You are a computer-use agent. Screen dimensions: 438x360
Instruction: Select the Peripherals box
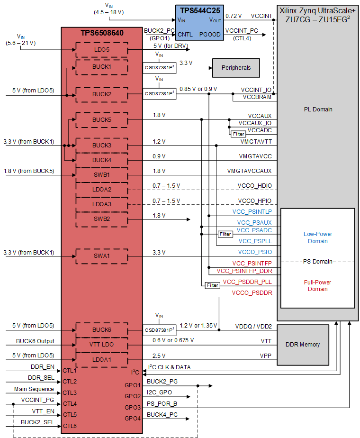(236, 68)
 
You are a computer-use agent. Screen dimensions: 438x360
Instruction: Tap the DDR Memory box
(303, 345)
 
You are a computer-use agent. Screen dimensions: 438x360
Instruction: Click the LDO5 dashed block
(101, 49)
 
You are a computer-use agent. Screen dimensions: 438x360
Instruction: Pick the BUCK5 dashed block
(101, 120)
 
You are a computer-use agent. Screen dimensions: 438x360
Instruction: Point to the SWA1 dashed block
(101, 256)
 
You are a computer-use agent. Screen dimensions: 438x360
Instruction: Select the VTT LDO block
(101, 344)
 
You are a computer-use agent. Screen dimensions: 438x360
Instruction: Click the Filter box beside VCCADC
(238, 134)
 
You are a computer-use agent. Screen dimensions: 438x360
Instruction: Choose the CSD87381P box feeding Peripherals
(160, 68)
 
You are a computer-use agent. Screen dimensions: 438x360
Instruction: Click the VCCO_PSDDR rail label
(252, 293)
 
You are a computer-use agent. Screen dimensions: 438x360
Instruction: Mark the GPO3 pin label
(133, 407)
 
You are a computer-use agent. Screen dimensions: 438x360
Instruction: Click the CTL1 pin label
(70, 370)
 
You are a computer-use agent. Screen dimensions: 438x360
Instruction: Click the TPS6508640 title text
(101, 34)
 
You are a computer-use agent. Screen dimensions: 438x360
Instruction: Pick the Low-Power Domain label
(317, 237)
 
